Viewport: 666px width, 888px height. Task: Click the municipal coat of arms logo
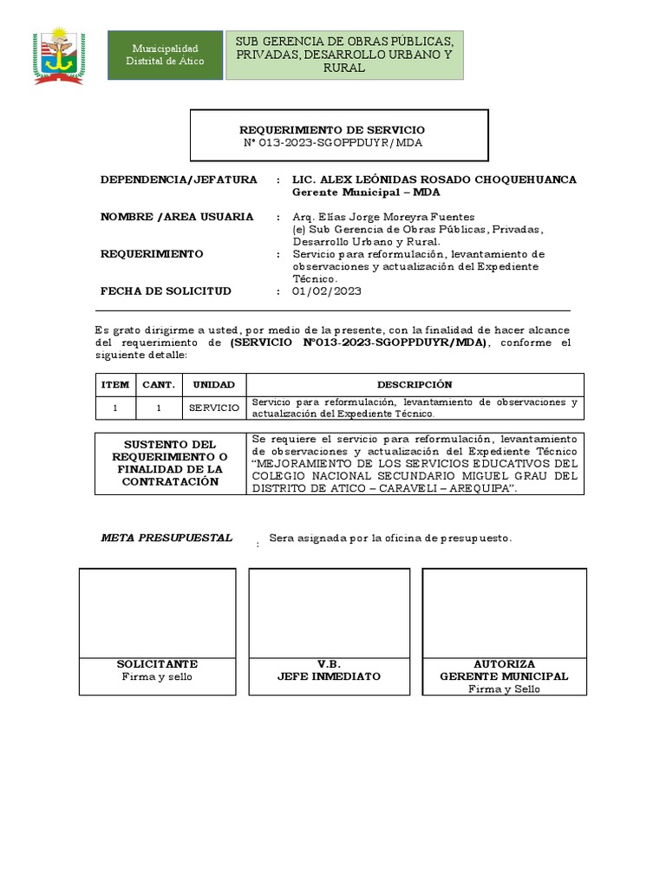click(59, 55)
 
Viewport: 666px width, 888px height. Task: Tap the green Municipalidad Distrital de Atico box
click(164, 55)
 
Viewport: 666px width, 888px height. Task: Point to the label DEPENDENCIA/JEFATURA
click(179, 180)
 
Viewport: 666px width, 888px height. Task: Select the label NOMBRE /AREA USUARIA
click(177, 217)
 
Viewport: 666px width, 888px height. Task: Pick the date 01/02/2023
click(327, 291)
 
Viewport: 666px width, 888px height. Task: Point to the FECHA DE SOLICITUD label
click(166, 291)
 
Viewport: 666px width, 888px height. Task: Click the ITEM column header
click(114, 385)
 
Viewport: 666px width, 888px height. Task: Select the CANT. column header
click(159, 385)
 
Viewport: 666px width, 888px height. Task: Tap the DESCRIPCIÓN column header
click(415, 385)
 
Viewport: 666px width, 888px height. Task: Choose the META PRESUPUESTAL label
click(166, 538)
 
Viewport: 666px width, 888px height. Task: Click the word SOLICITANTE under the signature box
click(157, 664)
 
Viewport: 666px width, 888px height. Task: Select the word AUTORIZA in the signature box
click(504, 664)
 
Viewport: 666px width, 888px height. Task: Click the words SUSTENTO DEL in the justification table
click(171, 444)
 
